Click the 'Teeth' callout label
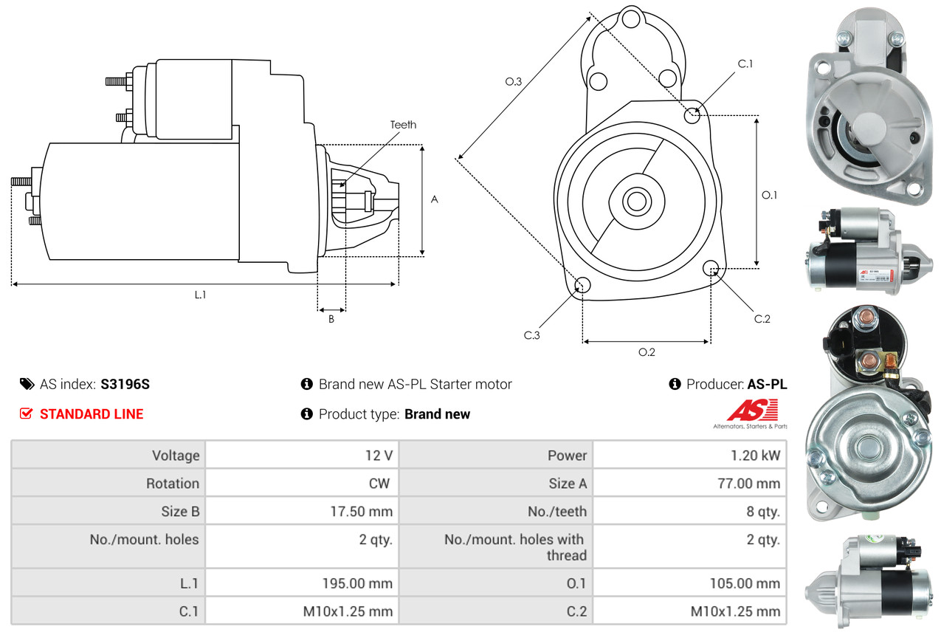point(403,125)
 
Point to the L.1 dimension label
point(200,295)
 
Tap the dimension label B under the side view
point(331,319)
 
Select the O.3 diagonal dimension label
point(514,82)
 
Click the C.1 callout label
point(745,63)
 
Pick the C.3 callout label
point(532,335)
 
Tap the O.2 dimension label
point(647,351)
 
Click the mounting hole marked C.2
point(711,267)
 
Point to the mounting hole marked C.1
point(692,115)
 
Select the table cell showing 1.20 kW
point(751,456)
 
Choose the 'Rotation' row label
point(172,484)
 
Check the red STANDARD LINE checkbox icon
point(26,414)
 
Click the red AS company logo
point(752,411)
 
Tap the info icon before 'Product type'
point(307,414)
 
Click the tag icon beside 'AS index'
point(27,384)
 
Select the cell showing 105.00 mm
point(745,583)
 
